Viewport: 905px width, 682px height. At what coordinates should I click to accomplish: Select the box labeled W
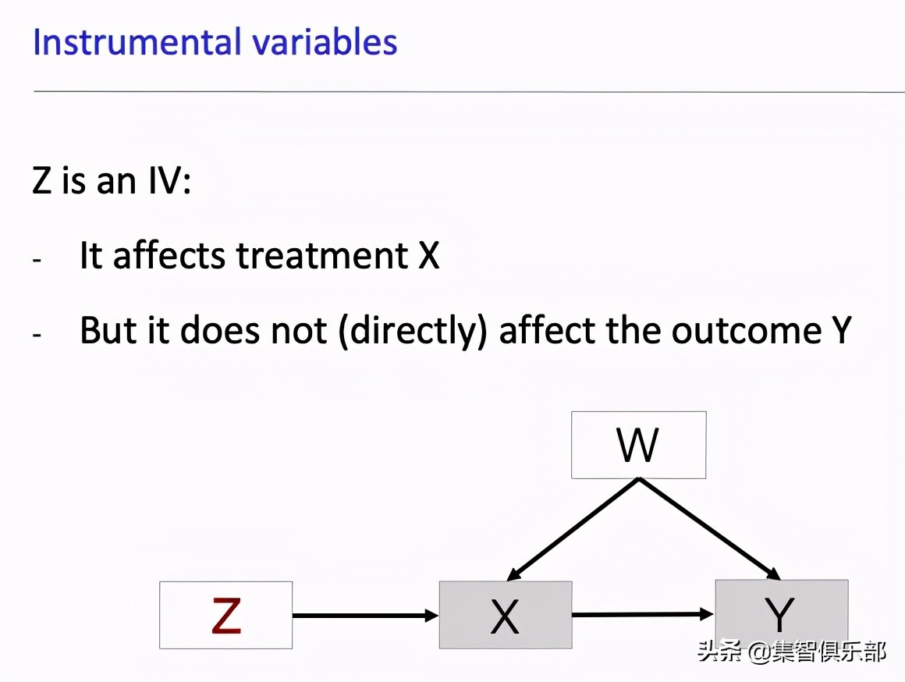coord(638,445)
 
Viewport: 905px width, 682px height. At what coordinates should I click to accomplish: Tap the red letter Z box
coord(225,615)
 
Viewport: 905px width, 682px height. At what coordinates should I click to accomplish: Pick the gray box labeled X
coord(505,615)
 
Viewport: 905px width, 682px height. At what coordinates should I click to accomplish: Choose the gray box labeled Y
coord(781,613)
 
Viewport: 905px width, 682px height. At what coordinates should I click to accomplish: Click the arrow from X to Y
coord(643,615)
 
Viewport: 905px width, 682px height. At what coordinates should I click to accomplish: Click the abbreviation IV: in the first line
coord(165,182)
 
